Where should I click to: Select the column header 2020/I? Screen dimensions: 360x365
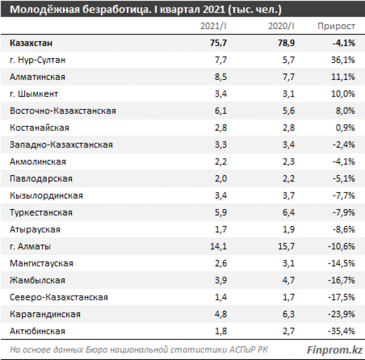coord(281,26)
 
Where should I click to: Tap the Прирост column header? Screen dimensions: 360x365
coord(336,26)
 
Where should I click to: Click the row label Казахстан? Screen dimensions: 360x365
coord(31,43)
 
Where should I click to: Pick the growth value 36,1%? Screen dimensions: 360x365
coord(344,60)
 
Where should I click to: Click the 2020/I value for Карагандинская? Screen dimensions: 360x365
coord(289,314)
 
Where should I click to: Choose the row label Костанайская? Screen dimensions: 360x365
coord(39,128)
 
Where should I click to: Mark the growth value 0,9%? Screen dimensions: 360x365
coord(346,128)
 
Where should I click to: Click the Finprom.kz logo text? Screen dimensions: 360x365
coord(335,350)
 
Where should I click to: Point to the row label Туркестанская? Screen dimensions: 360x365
coord(41,213)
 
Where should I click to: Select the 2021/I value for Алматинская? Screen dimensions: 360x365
coord(220,77)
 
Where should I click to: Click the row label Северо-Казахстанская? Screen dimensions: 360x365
coord(59,297)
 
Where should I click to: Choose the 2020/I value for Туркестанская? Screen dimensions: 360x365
coord(289,213)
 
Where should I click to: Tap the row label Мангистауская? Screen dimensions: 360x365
coord(41,263)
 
